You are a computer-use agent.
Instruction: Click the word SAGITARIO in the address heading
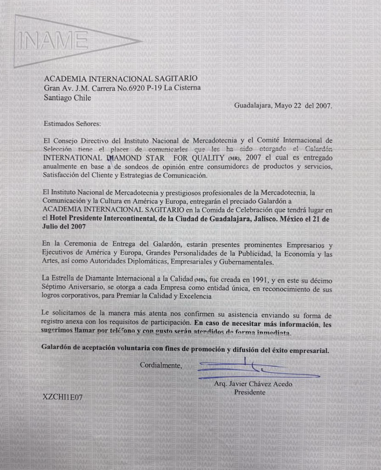tap(175, 79)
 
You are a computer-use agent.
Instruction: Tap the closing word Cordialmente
tap(161, 366)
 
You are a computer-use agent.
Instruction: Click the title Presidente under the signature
tap(250, 392)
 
